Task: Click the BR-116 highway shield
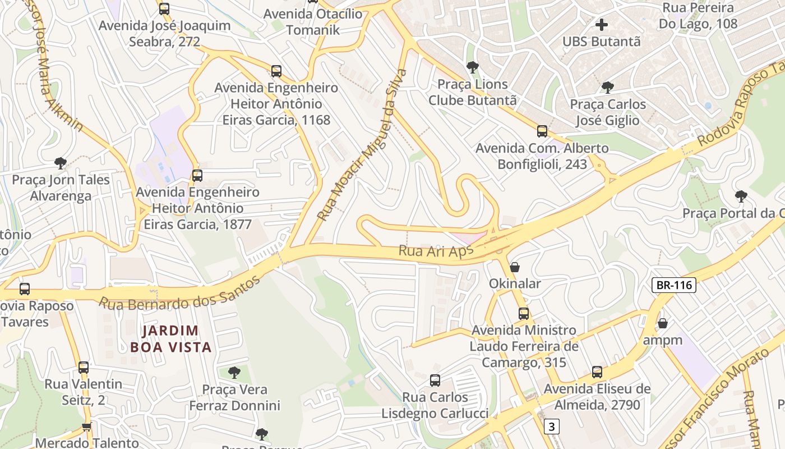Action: point(674,285)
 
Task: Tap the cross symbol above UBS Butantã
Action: point(602,25)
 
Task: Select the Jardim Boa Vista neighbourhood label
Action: point(171,339)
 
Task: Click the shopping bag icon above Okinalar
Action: point(514,267)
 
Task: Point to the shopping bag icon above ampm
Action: point(663,323)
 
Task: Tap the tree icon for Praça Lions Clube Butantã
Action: point(473,67)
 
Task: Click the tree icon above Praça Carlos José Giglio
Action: point(607,87)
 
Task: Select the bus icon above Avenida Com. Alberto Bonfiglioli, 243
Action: point(542,131)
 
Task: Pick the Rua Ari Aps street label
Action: point(436,251)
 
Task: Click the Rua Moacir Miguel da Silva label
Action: point(362,145)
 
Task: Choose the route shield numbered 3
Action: point(552,427)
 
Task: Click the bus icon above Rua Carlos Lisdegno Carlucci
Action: point(435,381)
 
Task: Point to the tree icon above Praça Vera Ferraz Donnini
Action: point(234,372)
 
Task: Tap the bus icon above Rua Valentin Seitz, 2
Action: point(84,368)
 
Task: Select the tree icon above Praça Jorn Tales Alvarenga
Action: point(61,163)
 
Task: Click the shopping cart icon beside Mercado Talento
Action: point(87,427)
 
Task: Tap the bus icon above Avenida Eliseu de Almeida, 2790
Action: point(597,372)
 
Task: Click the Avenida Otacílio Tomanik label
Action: point(313,22)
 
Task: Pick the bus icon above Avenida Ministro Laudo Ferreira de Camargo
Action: point(524,314)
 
